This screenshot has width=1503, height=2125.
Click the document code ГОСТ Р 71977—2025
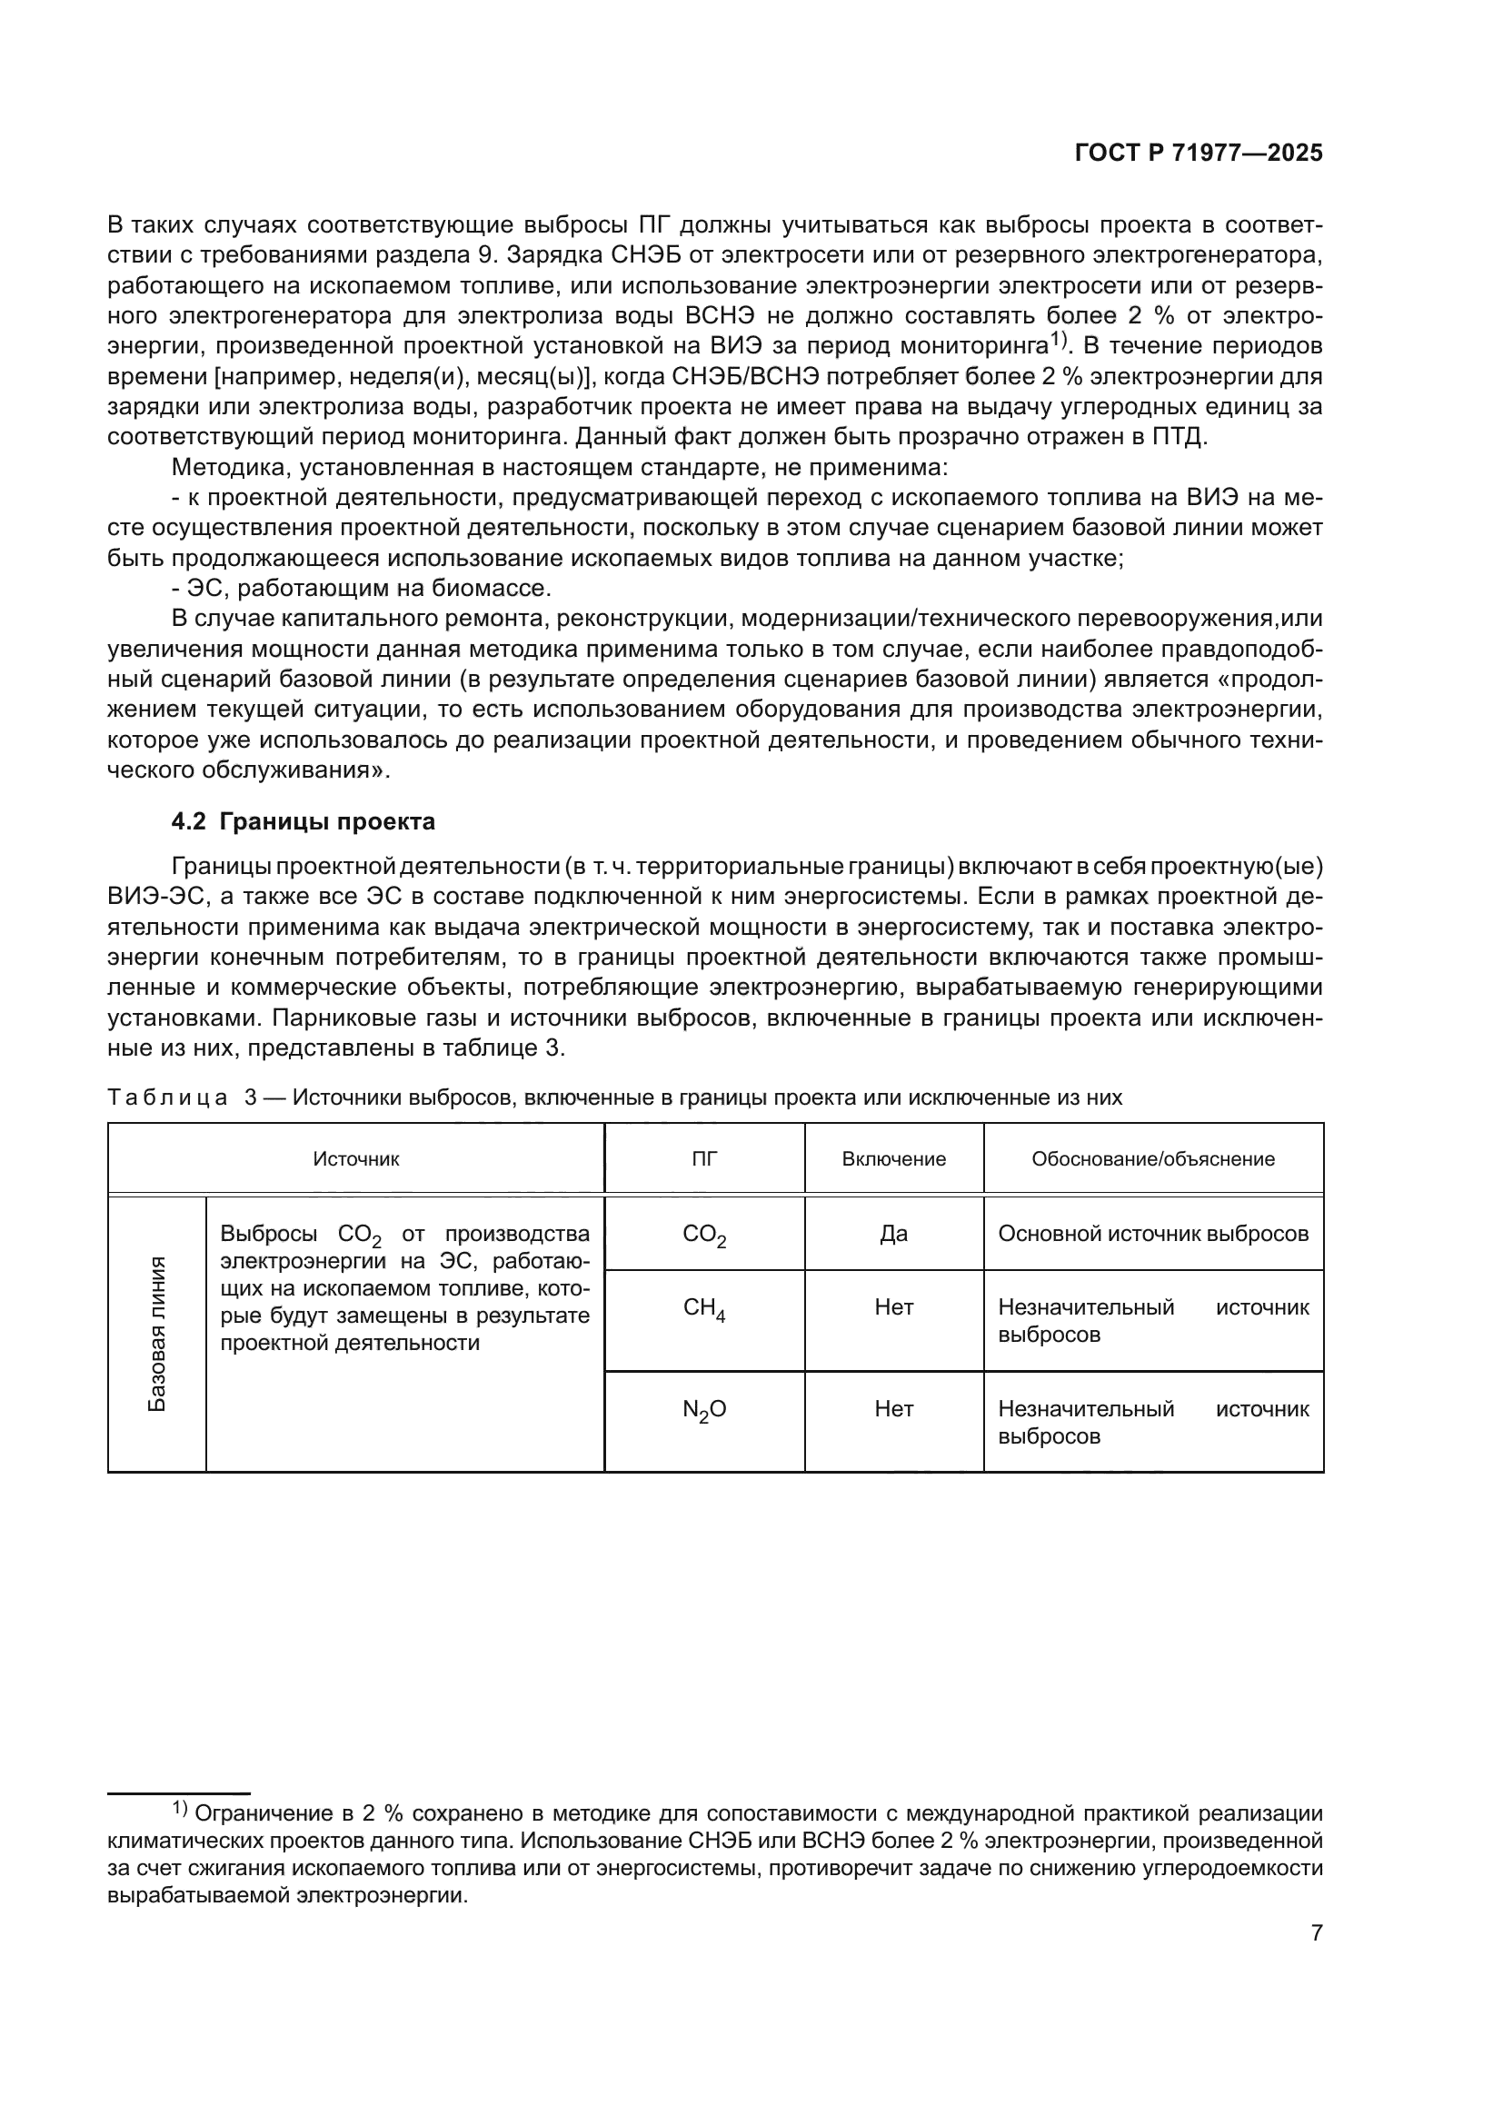point(1199,154)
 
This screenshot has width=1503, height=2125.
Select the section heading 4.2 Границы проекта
point(304,821)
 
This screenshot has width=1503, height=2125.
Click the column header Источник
point(356,1158)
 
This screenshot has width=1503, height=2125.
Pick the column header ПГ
point(704,1158)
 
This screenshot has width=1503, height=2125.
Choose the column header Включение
point(893,1158)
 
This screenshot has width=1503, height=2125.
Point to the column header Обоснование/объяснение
point(1153,1158)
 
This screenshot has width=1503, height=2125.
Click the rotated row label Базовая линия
point(157,1334)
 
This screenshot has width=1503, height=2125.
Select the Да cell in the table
point(893,1234)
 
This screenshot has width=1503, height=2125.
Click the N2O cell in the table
point(704,1410)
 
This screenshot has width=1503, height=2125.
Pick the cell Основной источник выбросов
point(1153,1234)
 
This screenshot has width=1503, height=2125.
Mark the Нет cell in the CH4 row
point(893,1307)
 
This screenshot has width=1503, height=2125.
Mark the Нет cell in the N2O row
point(893,1409)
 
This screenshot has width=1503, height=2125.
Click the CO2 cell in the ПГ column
point(704,1236)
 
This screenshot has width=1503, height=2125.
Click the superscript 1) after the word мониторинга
point(1059,341)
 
